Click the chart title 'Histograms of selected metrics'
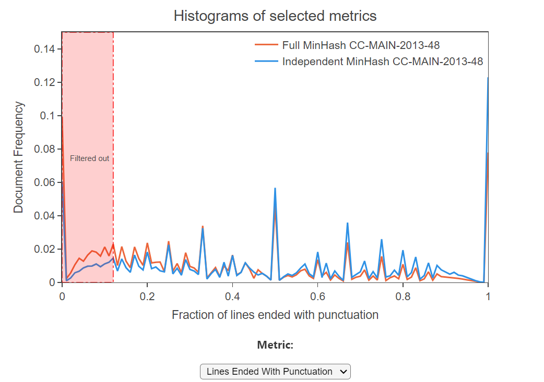click(x=275, y=16)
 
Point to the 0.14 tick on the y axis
click(x=45, y=49)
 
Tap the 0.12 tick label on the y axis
click(x=45, y=82)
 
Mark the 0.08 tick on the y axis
click(x=45, y=149)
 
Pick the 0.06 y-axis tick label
click(x=45, y=182)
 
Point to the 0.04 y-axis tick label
click(x=45, y=216)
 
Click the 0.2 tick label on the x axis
click(x=147, y=295)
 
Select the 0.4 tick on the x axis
click(x=232, y=295)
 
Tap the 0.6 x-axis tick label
click(x=317, y=295)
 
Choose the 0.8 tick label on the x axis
click(x=403, y=295)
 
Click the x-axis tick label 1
click(x=488, y=295)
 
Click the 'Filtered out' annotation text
click(x=90, y=158)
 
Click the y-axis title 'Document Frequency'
click(x=19, y=157)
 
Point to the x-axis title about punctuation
click(x=275, y=315)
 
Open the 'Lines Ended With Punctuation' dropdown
click(x=275, y=372)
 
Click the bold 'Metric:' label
click(x=275, y=345)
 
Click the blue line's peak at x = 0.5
click(x=275, y=188)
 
